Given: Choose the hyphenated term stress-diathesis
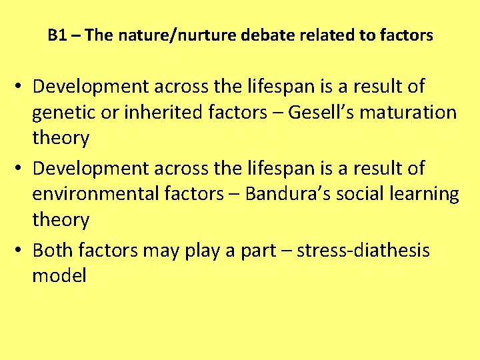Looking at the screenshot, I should click(x=363, y=251).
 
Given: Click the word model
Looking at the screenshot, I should click(x=59, y=276).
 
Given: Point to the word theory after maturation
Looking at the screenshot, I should click(x=61, y=139).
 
